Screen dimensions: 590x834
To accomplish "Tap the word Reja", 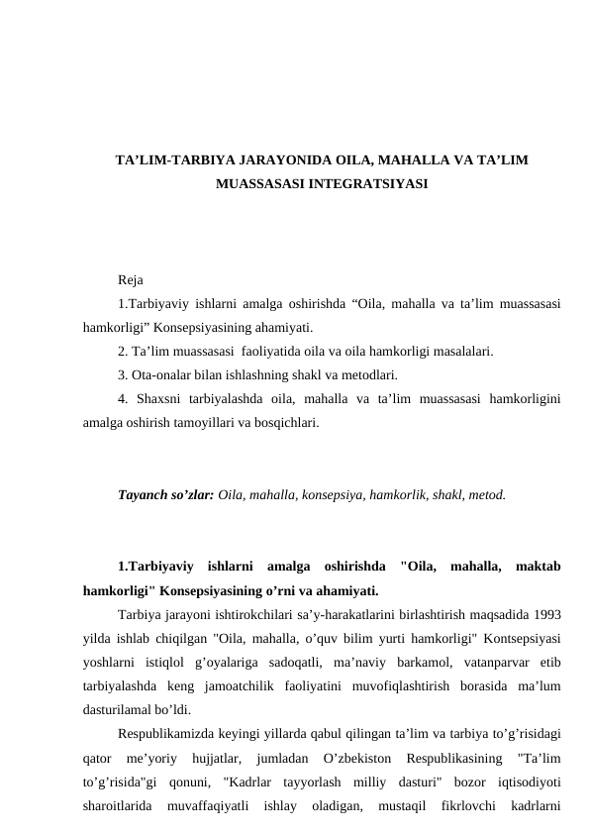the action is [x=129, y=279].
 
